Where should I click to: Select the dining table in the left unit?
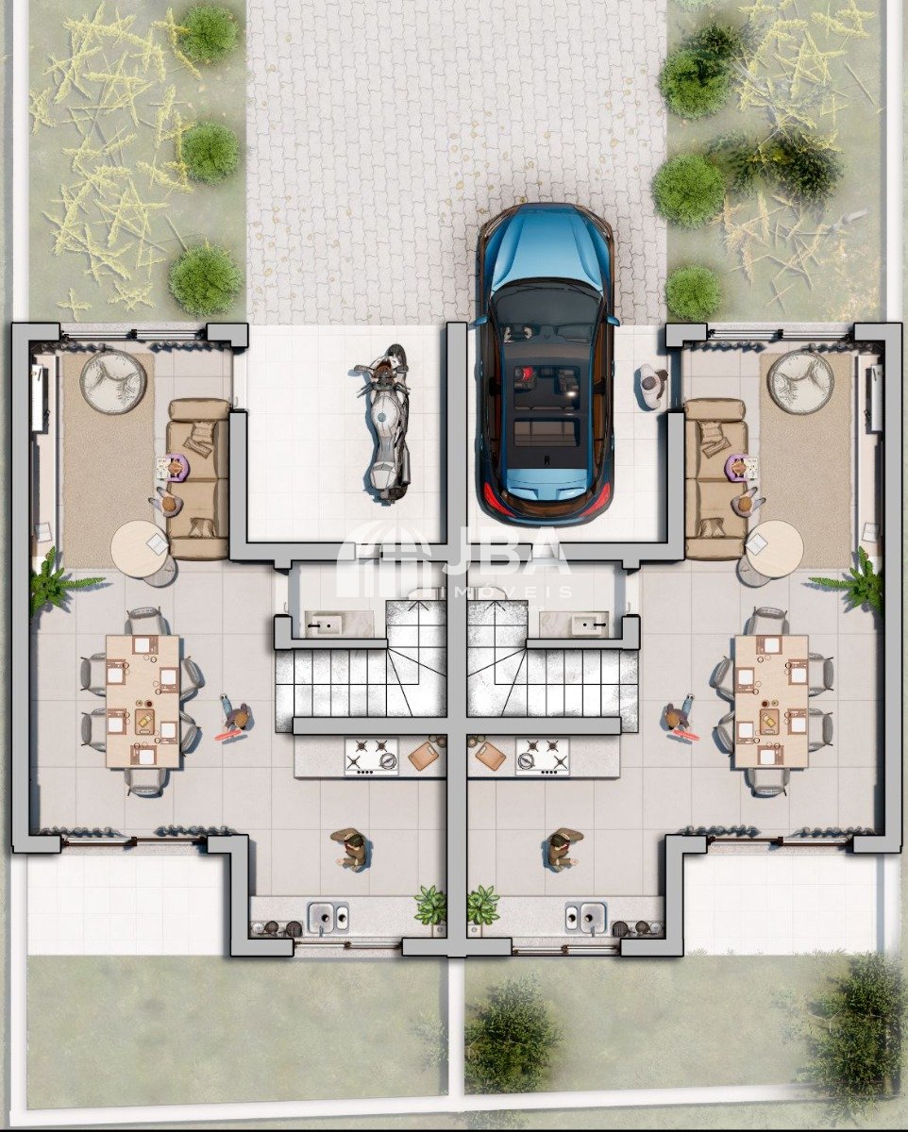(x=143, y=702)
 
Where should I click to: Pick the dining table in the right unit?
(x=771, y=702)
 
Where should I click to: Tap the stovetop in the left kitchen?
(x=372, y=757)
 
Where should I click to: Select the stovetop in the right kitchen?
(x=543, y=757)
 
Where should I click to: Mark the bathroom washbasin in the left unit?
(x=323, y=624)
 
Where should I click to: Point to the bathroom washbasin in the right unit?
(x=591, y=624)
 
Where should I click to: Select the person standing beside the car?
(x=653, y=387)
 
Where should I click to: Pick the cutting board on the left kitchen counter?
(x=423, y=757)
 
